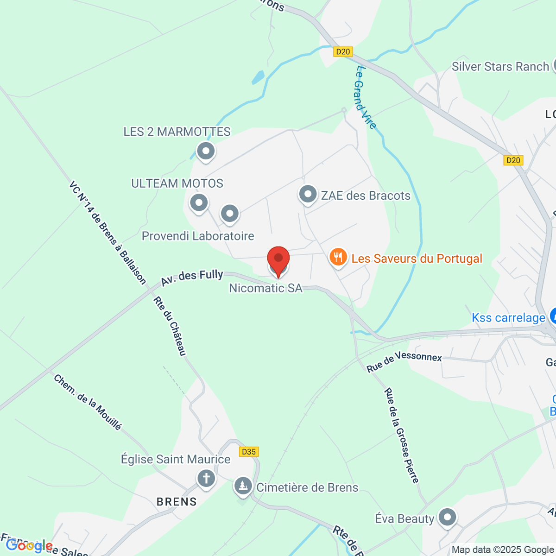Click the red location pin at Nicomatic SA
coord(278,259)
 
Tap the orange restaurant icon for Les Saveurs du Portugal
coord(338,257)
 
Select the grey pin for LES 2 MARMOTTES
coord(206,151)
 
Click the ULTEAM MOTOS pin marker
coord(199,203)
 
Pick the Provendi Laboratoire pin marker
coord(229,214)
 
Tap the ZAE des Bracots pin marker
coord(308,195)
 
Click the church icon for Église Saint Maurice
coord(206,478)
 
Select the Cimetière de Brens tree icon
coord(243,486)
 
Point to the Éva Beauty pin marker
coord(447,517)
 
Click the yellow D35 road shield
coord(249,452)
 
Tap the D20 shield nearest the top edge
coord(343,52)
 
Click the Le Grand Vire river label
coord(366,98)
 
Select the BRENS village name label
coord(177,502)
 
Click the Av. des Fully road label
coord(192,278)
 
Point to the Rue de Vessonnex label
coord(404,362)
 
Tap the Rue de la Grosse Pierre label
coord(401,436)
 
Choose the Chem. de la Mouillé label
coord(88,402)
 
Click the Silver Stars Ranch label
coord(500,67)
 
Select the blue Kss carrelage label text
coord(508,318)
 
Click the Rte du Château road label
coord(170,326)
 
